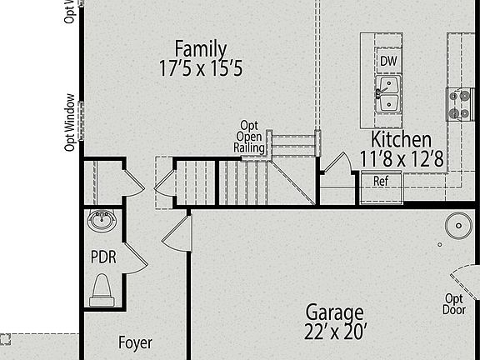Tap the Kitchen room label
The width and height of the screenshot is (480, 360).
click(401, 139)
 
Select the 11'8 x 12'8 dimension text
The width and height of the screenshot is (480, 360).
click(401, 157)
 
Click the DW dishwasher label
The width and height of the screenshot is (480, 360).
click(387, 61)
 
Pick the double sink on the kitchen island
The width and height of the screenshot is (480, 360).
click(387, 92)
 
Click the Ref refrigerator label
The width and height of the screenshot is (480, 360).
click(381, 180)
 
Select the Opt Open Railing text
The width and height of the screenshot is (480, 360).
click(250, 136)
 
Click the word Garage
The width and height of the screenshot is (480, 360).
click(334, 312)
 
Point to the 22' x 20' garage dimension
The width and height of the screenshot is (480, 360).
click(334, 331)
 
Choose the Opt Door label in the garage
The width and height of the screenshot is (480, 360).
click(454, 304)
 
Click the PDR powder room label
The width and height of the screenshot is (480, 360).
click(103, 257)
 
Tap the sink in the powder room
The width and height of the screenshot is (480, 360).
click(102, 222)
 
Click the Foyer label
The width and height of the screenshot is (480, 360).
click(135, 342)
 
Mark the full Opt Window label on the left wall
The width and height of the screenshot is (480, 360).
click(71, 122)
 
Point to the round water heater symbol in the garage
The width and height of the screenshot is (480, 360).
click(457, 225)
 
